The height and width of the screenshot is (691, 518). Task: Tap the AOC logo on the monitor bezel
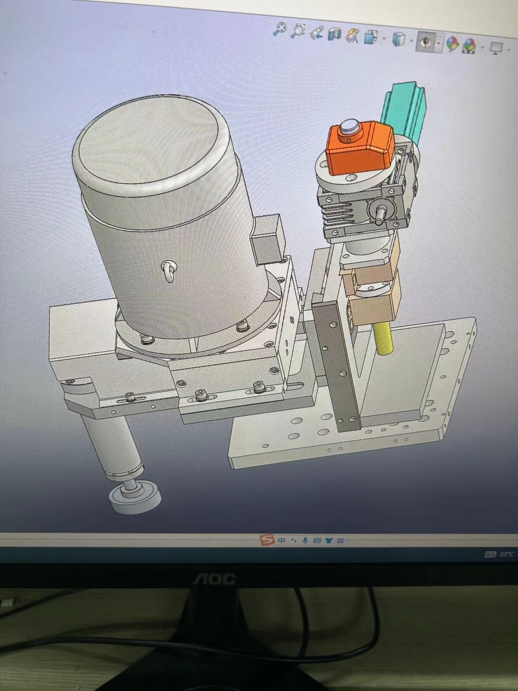[x=214, y=578]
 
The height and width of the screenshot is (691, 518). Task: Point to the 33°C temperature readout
[x=506, y=554]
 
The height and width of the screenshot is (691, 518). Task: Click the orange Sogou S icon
[x=266, y=540]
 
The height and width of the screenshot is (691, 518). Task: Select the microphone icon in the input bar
[x=305, y=540]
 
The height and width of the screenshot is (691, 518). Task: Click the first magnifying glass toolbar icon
[x=280, y=30]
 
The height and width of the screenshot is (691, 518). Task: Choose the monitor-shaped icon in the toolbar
[x=496, y=48]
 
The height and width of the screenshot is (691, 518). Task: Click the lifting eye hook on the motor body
[x=170, y=270]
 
